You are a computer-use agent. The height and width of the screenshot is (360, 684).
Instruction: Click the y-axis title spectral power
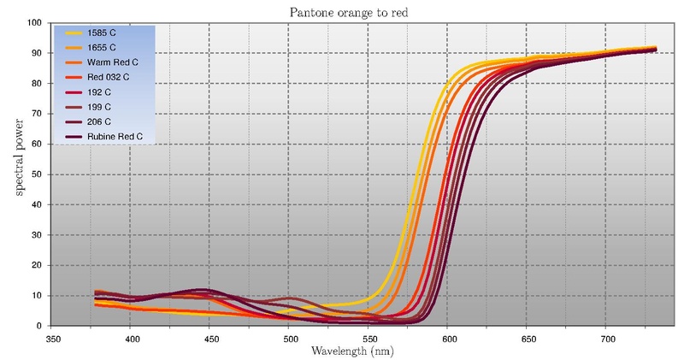click(x=19, y=174)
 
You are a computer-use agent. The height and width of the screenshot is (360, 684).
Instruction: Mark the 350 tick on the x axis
click(x=51, y=339)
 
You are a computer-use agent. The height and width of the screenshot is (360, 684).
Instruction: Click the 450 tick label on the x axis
click(x=209, y=339)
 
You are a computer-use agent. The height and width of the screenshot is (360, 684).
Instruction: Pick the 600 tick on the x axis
click(x=447, y=339)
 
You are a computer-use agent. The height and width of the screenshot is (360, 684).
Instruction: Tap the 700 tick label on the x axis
click(x=605, y=339)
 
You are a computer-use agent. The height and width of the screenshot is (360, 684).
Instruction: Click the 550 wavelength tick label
click(x=368, y=339)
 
